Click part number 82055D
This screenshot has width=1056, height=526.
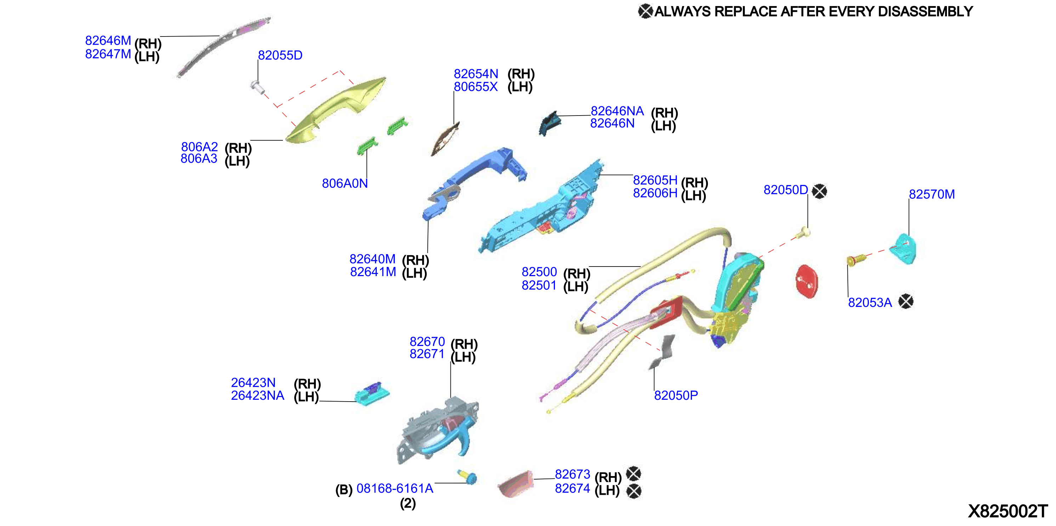click(x=280, y=55)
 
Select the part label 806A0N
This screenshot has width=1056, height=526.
click(x=345, y=183)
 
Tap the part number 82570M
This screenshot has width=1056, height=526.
click(x=932, y=194)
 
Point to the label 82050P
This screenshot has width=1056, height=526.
click(x=676, y=395)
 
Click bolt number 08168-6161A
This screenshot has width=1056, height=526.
click(x=395, y=488)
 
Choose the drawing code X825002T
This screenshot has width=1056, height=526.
click(x=1007, y=511)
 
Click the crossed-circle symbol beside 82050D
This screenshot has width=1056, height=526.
click(x=819, y=191)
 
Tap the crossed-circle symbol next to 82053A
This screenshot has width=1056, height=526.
click(x=905, y=302)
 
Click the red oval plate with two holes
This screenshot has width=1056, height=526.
click(x=807, y=281)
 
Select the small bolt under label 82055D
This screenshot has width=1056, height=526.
click(x=257, y=86)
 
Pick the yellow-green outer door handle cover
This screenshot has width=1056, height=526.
click(x=335, y=110)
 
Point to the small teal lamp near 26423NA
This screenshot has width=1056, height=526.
click(x=372, y=394)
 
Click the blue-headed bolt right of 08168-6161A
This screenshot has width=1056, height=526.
click(x=468, y=477)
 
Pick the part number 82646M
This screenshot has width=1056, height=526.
click(x=108, y=41)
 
